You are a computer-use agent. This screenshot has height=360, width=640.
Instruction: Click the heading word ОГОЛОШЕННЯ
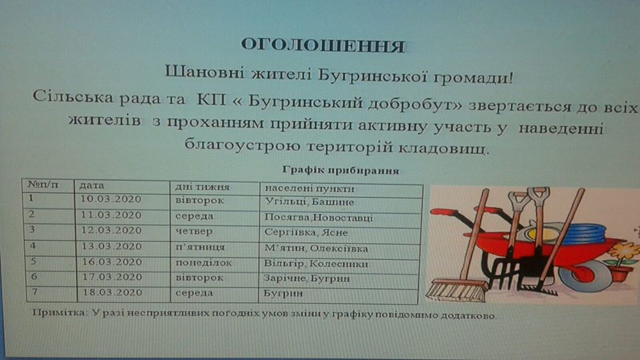click(323, 45)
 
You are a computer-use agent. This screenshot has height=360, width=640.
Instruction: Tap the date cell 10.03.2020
click(110, 199)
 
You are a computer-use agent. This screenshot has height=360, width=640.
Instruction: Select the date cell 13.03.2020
click(111, 247)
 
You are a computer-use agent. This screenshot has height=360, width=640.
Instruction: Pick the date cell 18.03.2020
click(113, 293)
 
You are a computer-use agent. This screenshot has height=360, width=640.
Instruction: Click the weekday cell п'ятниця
click(200, 247)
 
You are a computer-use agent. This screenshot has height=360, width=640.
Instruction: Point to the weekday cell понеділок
click(204, 263)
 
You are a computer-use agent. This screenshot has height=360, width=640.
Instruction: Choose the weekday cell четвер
click(194, 231)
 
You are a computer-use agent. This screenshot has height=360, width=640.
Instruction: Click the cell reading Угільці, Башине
click(309, 201)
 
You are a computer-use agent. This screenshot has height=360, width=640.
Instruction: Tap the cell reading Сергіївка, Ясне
click(306, 233)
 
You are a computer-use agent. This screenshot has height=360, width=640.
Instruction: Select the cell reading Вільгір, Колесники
click(316, 264)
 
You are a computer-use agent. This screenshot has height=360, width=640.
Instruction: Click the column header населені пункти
click(309, 189)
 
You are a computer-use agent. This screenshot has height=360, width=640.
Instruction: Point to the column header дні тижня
click(202, 187)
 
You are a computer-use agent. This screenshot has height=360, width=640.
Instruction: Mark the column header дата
click(91, 186)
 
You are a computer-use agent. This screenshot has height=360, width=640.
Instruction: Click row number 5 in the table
click(33, 261)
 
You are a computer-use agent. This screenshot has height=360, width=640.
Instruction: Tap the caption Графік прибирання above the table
click(341, 170)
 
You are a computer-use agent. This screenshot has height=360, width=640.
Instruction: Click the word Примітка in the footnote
click(59, 313)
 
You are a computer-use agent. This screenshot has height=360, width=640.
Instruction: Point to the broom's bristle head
click(456, 290)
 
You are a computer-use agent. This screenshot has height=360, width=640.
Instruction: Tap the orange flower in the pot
click(625, 250)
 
